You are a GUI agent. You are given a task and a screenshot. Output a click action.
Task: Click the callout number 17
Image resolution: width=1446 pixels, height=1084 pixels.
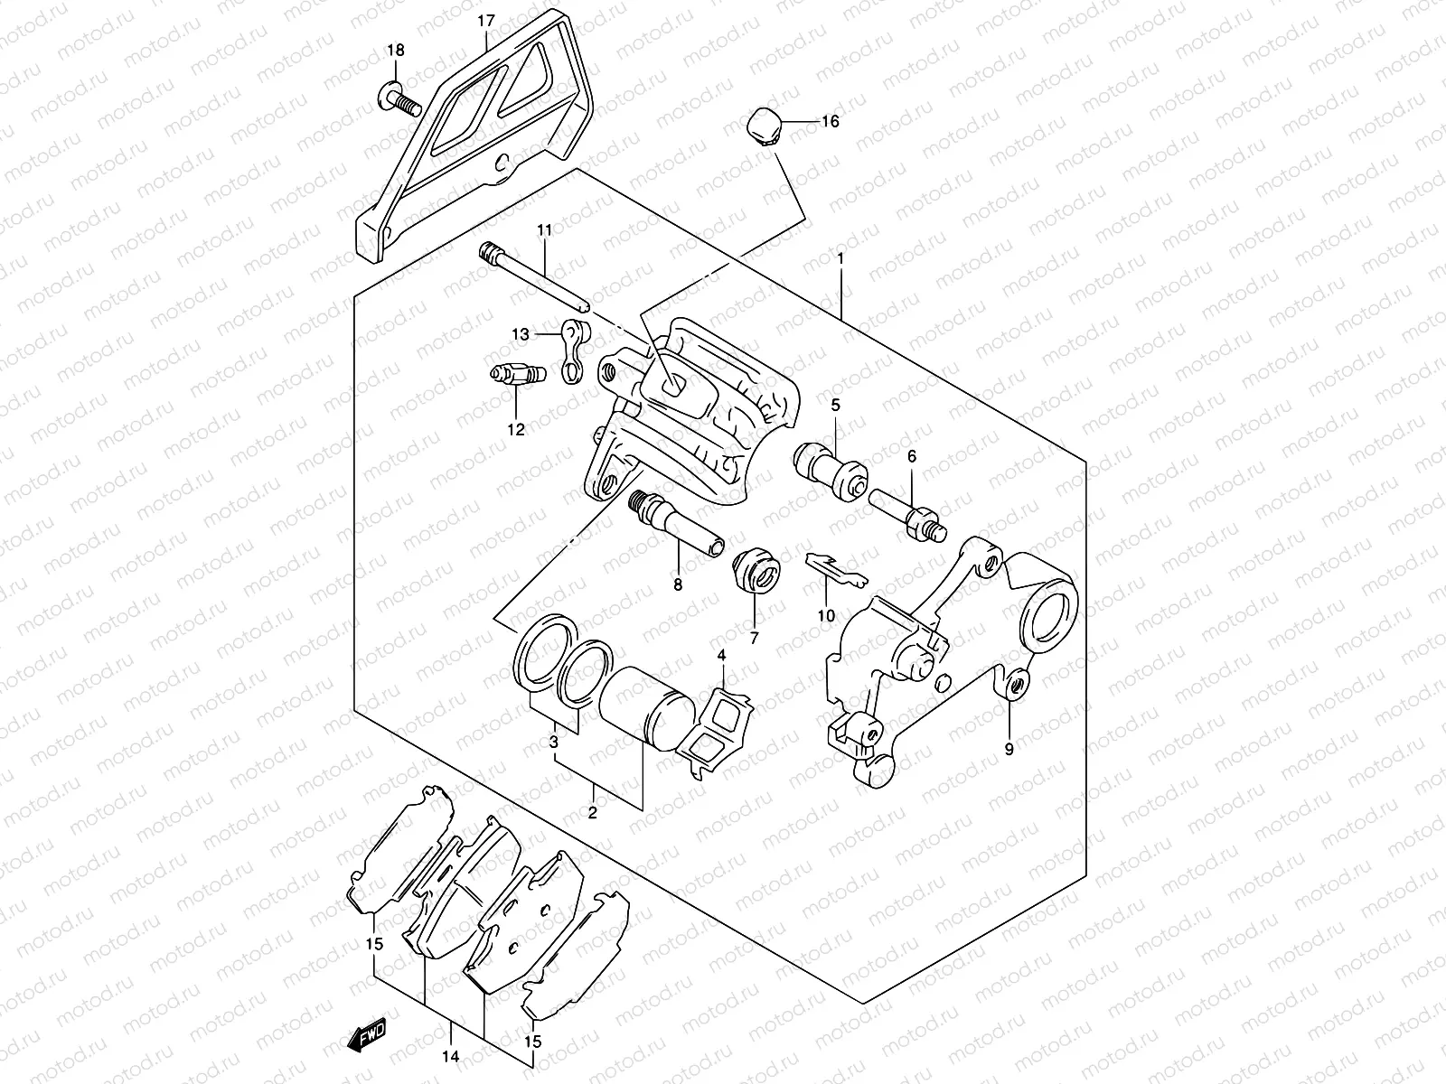coord(485,21)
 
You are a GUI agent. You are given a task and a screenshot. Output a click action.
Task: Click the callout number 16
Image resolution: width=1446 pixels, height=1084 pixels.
coord(830,121)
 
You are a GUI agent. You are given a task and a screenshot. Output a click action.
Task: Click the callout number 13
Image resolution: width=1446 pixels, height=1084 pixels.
coord(520,335)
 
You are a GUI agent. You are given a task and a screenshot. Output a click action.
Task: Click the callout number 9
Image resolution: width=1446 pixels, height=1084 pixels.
coord(1009,748)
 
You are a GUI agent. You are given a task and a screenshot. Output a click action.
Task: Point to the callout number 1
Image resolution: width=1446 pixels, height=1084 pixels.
coord(840,258)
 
